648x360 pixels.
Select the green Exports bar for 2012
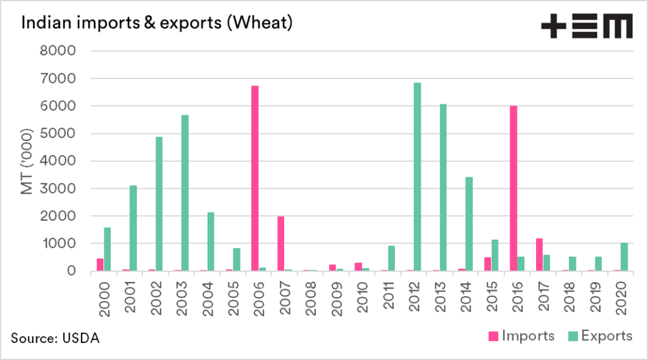417,177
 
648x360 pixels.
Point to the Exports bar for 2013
443,187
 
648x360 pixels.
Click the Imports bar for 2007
281,244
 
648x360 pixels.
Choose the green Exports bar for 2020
624,257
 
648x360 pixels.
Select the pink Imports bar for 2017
539,255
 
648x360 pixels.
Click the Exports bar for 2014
469,224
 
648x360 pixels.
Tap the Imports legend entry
523,336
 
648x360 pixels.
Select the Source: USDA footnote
55,338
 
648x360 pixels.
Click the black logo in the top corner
586,26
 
